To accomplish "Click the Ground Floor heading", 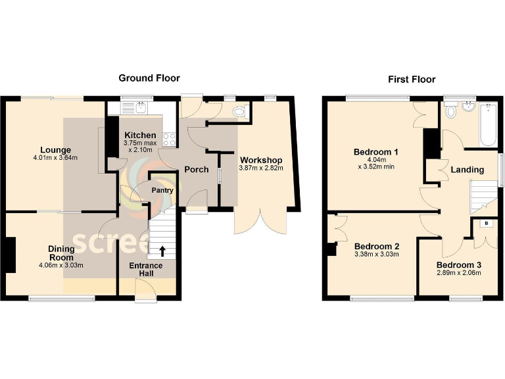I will point(149,78).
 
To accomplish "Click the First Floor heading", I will point(412,80).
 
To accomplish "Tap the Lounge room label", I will point(55,149).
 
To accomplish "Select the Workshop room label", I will point(261,160).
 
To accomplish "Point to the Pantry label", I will point(162,190).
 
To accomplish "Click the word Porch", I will point(196,170).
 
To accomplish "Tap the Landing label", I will point(467,170).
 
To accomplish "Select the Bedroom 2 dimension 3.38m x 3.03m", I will point(377,255).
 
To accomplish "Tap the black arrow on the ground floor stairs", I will point(162,251).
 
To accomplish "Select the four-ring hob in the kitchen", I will point(168,139).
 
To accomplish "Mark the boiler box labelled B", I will point(486,224).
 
